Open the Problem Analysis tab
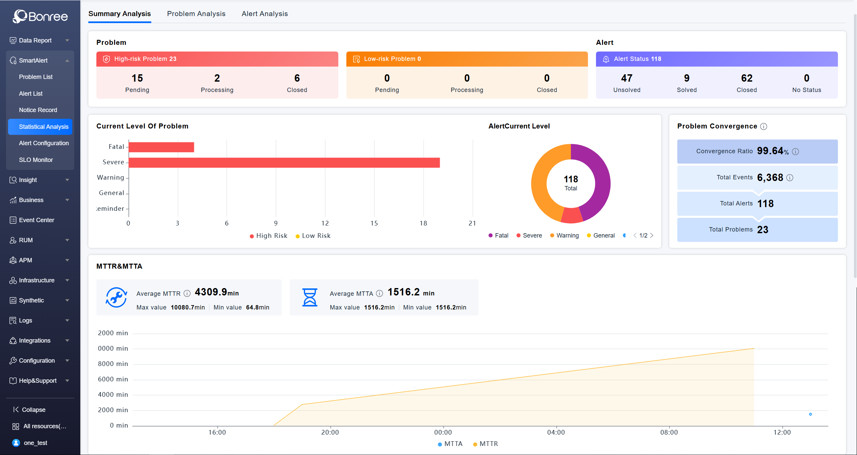coord(196,14)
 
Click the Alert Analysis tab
coord(264,14)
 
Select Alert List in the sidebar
coord(31,94)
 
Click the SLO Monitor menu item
coord(36,160)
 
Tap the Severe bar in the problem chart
coord(284,163)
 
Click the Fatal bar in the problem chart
coord(161,147)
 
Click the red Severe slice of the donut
coord(572,216)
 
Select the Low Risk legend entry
coord(313,236)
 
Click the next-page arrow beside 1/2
coord(652,236)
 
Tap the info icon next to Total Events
coord(790,178)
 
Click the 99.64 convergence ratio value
coord(770,151)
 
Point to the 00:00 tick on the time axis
coord(443,432)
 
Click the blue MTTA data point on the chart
coord(810,414)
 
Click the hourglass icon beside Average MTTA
coord(310,297)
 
